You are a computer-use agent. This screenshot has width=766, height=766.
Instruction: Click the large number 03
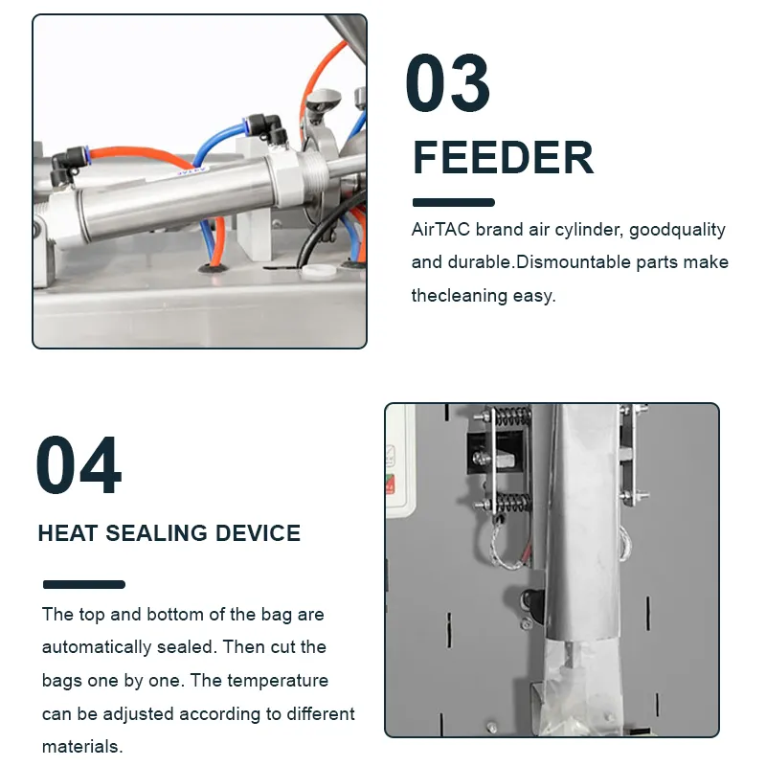click(447, 84)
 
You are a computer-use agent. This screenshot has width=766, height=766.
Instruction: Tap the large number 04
click(79, 466)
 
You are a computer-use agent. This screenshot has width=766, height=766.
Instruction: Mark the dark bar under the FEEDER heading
click(453, 203)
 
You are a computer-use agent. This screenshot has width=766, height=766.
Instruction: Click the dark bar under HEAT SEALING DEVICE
click(84, 584)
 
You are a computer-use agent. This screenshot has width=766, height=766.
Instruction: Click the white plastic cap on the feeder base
click(310, 271)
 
